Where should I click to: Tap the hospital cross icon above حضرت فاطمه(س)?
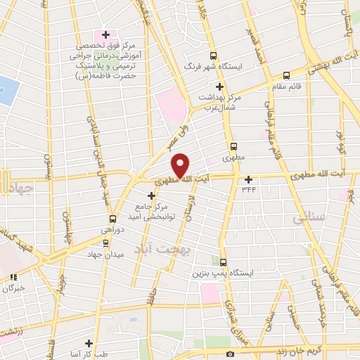106,34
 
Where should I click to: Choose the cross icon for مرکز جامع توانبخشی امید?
151,195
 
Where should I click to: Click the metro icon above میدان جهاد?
105,243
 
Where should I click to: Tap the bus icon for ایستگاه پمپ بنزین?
224,262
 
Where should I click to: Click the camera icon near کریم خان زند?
230,354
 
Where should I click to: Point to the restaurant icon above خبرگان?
11,276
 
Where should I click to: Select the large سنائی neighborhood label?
308,219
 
